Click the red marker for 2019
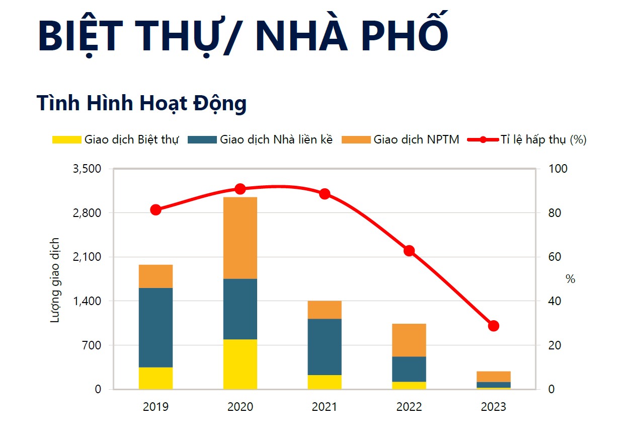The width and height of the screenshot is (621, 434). [x=156, y=210]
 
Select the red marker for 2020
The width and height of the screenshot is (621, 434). [x=240, y=189]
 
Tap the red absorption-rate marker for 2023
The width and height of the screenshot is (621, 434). [x=494, y=326]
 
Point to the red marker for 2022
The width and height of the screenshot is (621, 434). [x=409, y=251]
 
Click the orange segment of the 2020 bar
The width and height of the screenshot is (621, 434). [x=240, y=238]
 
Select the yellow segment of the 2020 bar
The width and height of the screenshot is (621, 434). [x=240, y=364]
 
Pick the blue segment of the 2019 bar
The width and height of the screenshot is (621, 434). [x=156, y=327]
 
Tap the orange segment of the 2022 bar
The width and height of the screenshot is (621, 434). [x=409, y=340]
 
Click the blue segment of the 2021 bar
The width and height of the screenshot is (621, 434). [x=325, y=346]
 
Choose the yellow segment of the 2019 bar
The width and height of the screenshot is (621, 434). [x=156, y=378]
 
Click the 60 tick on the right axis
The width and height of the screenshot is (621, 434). [x=554, y=257]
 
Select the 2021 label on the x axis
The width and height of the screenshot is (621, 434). [x=325, y=407]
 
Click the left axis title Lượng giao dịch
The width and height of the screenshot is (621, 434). [x=55, y=279]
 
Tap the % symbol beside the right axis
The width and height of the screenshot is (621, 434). [x=570, y=279]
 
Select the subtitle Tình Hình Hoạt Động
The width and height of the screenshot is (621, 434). [x=141, y=103]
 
